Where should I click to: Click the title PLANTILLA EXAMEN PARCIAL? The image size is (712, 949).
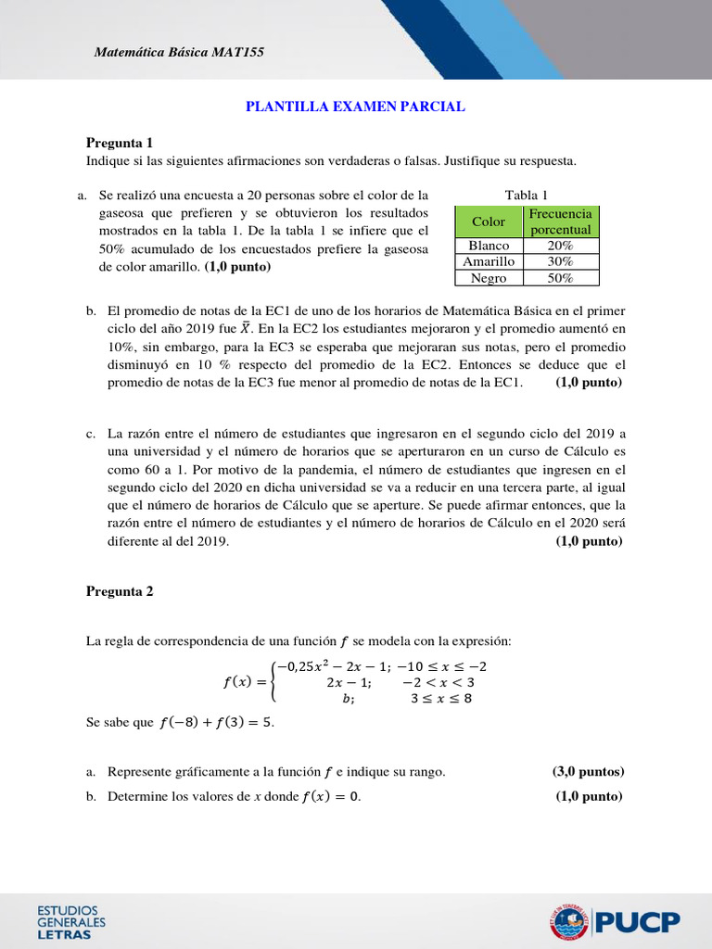tap(355, 107)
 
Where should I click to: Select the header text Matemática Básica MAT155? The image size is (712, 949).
tap(180, 52)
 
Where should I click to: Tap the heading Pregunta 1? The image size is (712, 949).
tap(119, 143)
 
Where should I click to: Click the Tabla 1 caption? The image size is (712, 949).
tap(526, 195)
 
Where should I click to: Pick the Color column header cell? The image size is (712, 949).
tap(489, 221)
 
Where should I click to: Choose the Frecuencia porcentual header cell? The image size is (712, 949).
tap(561, 221)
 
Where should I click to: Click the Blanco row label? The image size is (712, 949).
tap(489, 246)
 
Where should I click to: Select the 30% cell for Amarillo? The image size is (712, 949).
tap(561, 261)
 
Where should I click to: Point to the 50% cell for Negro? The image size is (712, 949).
tap(561, 277)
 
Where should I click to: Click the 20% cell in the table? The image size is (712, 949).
tap(561, 246)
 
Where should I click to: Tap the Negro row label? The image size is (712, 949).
tap(489, 277)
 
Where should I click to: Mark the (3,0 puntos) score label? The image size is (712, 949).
tap(588, 771)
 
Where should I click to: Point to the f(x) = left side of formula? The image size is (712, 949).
tap(245, 682)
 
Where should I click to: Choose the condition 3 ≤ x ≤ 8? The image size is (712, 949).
tap(441, 698)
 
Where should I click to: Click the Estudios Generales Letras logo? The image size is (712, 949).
tap(70, 922)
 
